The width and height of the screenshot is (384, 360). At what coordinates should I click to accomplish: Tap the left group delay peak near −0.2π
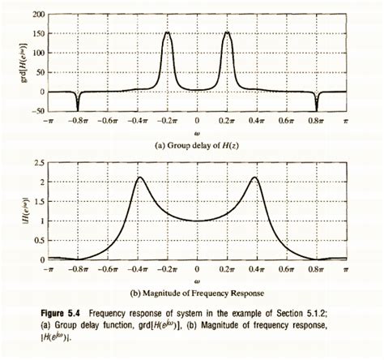167,33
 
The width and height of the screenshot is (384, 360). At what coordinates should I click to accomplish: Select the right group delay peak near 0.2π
228,33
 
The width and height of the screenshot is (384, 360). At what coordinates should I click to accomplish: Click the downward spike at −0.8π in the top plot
78,109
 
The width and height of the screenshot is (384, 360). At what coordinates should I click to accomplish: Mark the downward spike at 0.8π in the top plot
317,109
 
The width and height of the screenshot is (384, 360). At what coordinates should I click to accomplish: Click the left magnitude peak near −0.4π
139,178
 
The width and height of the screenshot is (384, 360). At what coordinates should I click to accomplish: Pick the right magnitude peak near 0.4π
255,178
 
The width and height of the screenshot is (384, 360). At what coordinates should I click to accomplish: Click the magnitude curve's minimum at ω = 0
197,220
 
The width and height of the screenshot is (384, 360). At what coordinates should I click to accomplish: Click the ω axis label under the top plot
197,132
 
